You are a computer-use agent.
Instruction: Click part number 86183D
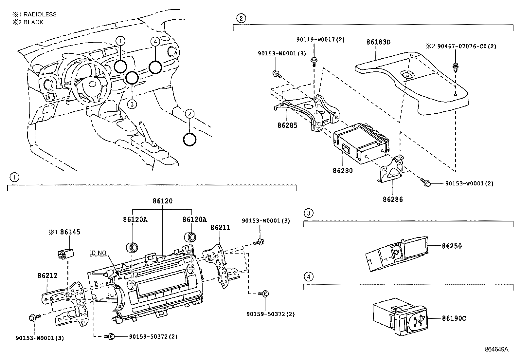(378, 42)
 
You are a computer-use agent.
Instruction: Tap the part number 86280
(343, 171)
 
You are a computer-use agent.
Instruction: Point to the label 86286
(393, 199)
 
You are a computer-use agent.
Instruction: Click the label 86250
(452, 246)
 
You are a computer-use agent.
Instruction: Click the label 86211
(220, 227)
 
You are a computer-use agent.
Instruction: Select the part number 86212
(47, 275)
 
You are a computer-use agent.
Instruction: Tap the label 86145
(70, 232)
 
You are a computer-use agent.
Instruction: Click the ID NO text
(98, 253)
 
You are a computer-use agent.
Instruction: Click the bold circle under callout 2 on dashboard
(189, 140)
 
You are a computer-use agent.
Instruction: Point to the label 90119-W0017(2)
(320, 40)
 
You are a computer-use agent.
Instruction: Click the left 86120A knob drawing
(133, 247)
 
